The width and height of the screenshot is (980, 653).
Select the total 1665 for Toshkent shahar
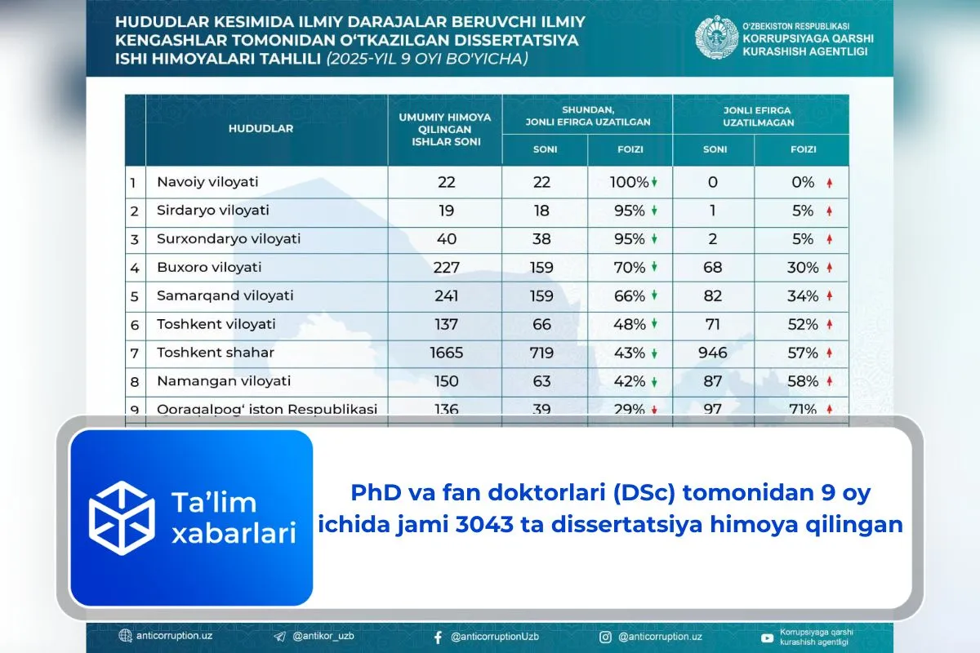point(446,353)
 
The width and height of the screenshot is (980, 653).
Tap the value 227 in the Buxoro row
point(446,268)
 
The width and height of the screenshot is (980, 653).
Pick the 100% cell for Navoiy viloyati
point(629,182)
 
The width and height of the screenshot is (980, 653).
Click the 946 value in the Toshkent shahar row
point(713,353)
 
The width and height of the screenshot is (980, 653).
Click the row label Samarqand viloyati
point(225,295)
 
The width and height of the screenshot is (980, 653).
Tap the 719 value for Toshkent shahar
point(541,353)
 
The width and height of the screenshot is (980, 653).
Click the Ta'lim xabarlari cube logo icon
point(122,518)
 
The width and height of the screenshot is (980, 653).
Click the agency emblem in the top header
point(716,38)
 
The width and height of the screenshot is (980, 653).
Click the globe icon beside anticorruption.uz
point(125,637)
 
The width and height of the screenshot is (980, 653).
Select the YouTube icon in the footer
point(767,637)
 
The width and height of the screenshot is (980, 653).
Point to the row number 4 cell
point(134,268)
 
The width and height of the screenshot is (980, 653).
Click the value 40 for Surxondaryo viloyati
point(446,239)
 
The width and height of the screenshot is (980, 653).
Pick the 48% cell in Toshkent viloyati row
point(629,324)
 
